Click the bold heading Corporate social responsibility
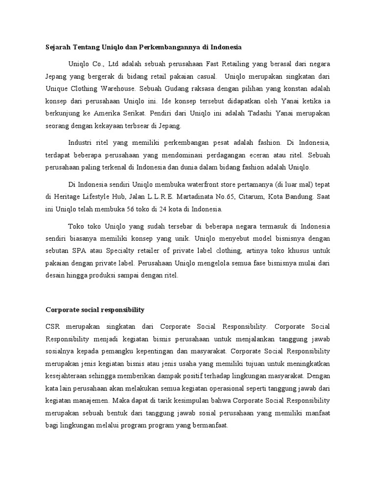95,310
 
